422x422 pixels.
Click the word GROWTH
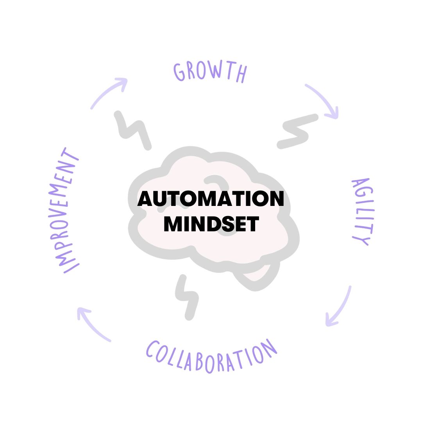click(210, 73)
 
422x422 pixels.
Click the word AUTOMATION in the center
click(211, 199)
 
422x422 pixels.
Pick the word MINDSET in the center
click(211, 224)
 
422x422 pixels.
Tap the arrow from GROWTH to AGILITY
click(322, 100)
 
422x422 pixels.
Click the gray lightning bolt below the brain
click(187, 297)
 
